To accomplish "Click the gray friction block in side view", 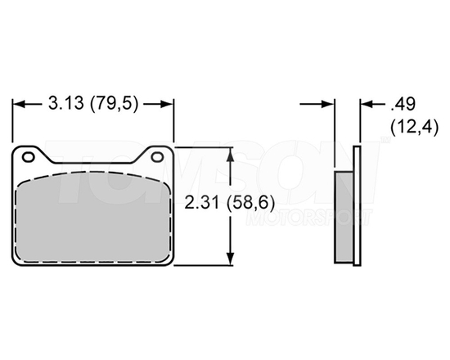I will [344, 217].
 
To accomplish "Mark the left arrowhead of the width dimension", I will [17, 104].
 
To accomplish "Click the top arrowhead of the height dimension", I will [234, 153].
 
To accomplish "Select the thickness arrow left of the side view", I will [328, 104].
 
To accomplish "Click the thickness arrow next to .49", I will [366, 104].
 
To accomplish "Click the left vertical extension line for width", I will [11, 123].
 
